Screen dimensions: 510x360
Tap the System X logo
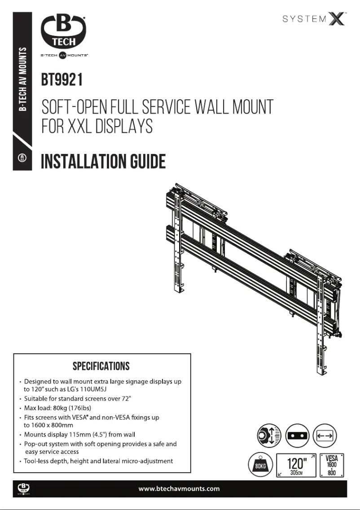[x=314, y=20]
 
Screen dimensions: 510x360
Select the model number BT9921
[x=61, y=81]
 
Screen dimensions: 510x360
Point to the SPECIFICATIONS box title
[x=101, y=366]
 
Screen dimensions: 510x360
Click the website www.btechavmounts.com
[x=180, y=488]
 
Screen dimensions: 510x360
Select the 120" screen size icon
[x=297, y=465]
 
